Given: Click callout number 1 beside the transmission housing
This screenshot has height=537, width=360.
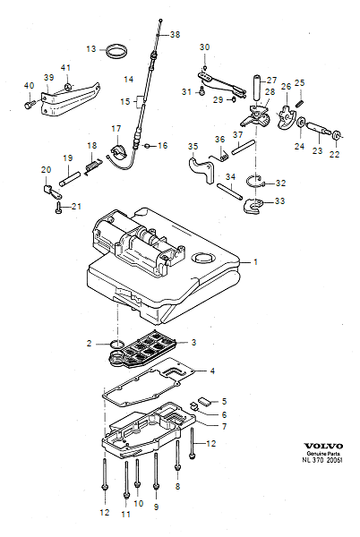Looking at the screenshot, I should point(254,262).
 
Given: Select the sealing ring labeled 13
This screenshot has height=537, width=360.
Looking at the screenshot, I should point(116,50).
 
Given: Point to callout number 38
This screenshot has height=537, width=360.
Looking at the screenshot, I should point(175,35).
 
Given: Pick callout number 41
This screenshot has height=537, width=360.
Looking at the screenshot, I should point(65,68).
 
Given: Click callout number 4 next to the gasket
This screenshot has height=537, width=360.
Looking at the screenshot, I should point(212,371).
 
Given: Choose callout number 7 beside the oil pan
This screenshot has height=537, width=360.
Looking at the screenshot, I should point(212,426).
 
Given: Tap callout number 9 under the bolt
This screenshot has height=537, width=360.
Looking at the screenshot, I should point(157,507).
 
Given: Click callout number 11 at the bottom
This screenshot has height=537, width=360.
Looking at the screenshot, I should point(125,514).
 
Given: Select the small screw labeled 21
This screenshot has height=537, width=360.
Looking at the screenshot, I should point(58,209).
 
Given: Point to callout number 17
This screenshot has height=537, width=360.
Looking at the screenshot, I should point(116,128).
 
